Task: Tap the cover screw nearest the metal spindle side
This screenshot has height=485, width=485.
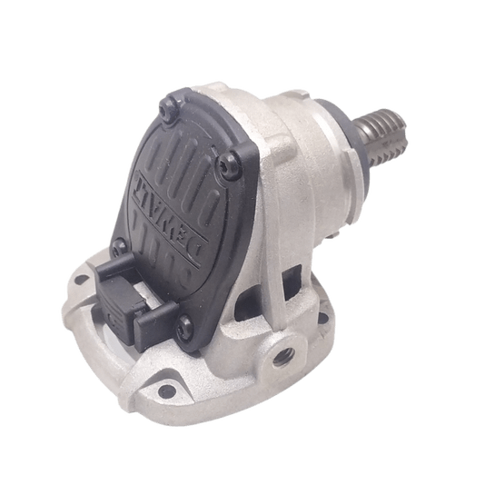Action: pos(227,163)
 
